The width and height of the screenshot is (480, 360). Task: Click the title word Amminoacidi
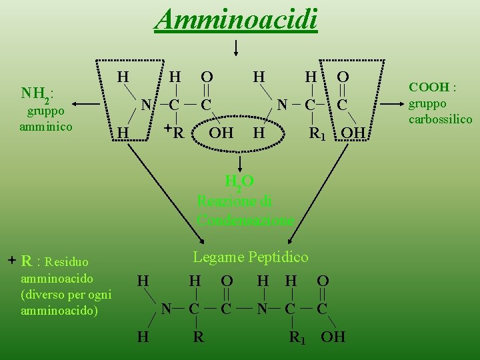coord(236,19)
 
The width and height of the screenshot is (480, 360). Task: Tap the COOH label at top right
coord(432,87)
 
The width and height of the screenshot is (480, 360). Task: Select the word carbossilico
coord(440,119)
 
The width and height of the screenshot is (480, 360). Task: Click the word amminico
coord(45,127)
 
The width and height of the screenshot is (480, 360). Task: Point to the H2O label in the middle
coord(239,182)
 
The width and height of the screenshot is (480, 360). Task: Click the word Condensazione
coord(245,221)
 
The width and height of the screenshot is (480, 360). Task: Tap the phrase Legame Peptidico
coord(251,257)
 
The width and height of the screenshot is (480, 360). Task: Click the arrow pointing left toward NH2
coord(86,104)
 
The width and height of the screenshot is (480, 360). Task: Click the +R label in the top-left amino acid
coord(175,132)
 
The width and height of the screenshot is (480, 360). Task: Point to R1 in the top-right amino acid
coord(317,133)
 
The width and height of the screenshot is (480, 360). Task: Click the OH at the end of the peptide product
coord(333,337)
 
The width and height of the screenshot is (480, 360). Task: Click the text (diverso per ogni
coord(67,295)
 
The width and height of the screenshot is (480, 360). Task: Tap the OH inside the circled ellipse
coord(221,133)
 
